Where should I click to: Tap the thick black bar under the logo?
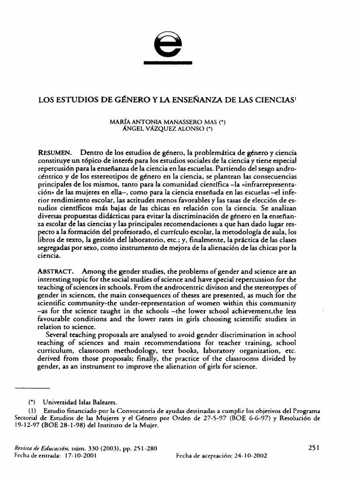pyautogui.click(x=168, y=62)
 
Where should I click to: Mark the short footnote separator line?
pyautogui.click(x=33, y=389)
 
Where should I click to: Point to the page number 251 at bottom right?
pyautogui.click(x=314, y=448)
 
